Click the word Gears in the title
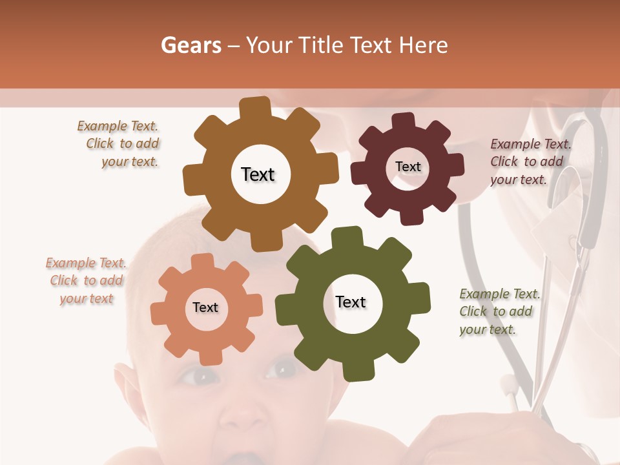click(191, 45)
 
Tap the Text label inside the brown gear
click(258, 174)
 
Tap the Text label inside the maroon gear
click(408, 167)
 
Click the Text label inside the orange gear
click(205, 307)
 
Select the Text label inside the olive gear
click(351, 302)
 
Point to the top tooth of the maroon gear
click(404, 121)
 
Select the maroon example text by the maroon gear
click(530, 161)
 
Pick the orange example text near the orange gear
click(86, 280)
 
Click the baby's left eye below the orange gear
click(192, 376)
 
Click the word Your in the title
click(263, 45)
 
